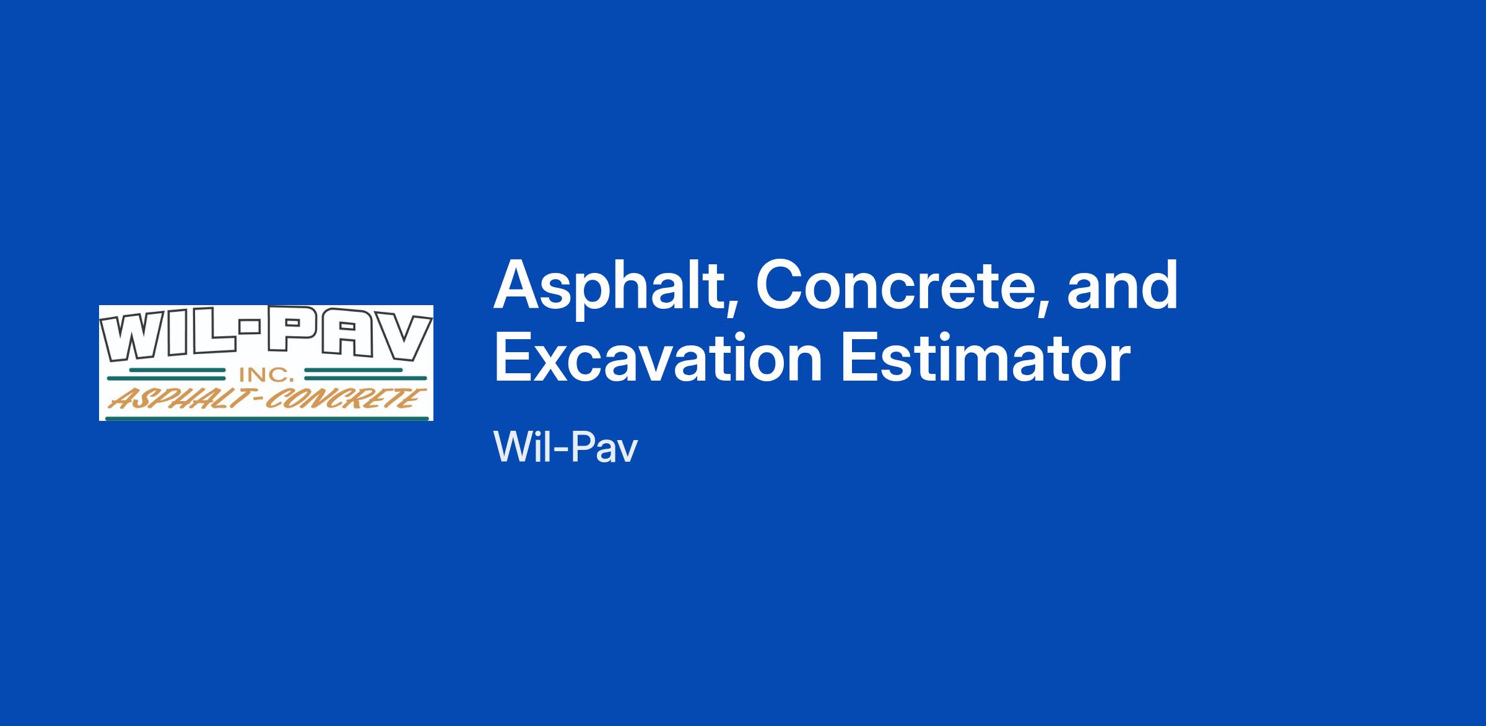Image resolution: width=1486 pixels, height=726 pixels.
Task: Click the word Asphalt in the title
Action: (615, 287)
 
